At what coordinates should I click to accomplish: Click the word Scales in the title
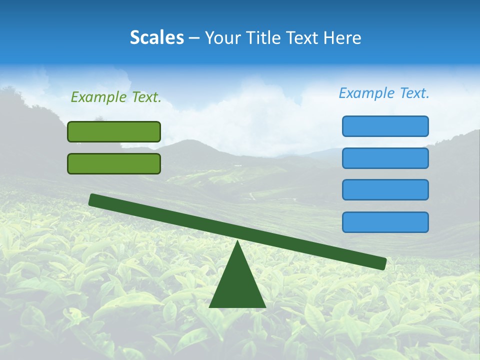click(x=156, y=38)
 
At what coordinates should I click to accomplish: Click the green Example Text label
click(x=116, y=97)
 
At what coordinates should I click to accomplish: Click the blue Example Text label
click(x=384, y=93)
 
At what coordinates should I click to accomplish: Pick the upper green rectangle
click(x=114, y=131)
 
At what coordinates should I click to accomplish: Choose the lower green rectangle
click(x=114, y=163)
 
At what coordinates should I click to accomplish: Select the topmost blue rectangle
click(x=385, y=126)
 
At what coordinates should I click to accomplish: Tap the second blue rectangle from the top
click(x=385, y=158)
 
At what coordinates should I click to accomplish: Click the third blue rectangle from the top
click(x=385, y=189)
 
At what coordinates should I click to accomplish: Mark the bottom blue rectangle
click(x=385, y=222)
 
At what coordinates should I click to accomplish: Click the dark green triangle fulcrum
click(x=237, y=285)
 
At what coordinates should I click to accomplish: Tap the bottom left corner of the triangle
click(x=210, y=306)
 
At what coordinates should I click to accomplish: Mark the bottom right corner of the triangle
click(x=264, y=306)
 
